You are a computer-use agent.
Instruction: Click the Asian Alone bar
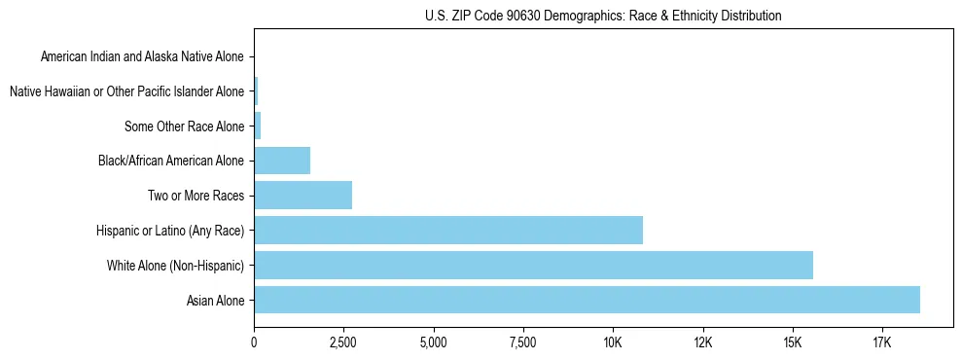click(x=587, y=300)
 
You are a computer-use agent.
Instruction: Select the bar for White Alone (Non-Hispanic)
click(x=533, y=265)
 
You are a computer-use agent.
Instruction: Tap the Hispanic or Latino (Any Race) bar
click(x=448, y=230)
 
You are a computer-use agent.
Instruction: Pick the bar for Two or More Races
click(x=303, y=195)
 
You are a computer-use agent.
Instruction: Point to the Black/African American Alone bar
click(x=282, y=161)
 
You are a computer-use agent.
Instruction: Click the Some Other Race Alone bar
click(x=258, y=126)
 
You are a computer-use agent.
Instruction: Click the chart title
click(x=603, y=16)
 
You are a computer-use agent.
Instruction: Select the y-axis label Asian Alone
click(x=217, y=301)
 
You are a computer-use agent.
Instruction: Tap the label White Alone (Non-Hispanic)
click(x=175, y=266)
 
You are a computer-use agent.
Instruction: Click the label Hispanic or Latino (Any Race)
click(x=170, y=231)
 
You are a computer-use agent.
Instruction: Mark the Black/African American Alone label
click(x=172, y=161)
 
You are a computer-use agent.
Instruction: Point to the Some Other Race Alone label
click(x=185, y=126)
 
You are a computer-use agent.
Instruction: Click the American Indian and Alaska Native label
click(x=142, y=56)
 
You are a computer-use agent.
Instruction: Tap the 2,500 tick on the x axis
click(x=343, y=343)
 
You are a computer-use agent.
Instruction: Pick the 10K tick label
click(x=613, y=343)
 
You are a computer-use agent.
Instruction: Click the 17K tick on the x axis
click(x=882, y=343)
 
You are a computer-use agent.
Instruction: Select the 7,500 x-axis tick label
click(x=523, y=343)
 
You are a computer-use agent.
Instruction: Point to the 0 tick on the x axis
click(x=254, y=343)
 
